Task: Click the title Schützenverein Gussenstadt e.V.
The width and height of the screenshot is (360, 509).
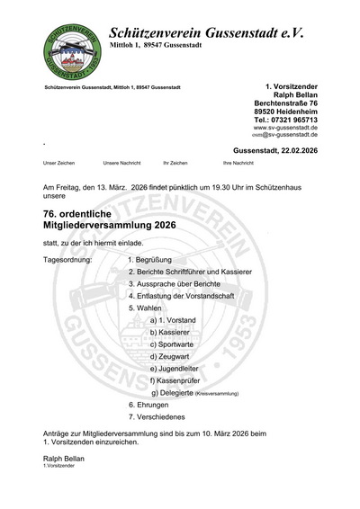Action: [x=206, y=31]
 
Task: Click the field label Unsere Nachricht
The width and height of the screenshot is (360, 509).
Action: [x=123, y=163]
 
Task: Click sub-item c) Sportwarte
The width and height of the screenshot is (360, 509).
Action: [x=170, y=344]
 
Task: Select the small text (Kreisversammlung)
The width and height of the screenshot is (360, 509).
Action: [x=216, y=393]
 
